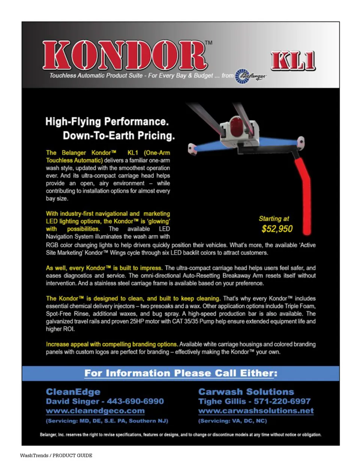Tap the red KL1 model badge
coord(293,61)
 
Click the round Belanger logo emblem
coord(242,77)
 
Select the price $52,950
coord(277,229)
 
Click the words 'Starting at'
coord(274,219)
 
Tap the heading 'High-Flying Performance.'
coord(107,122)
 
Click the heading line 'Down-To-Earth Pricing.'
coord(118,135)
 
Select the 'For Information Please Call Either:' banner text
coord(181,373)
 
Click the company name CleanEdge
coord(73,392)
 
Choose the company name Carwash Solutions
coord(246,392)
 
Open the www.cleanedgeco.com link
coord(95,411)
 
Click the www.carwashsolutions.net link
coord(256,411)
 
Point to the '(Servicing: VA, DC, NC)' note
coord(232,421)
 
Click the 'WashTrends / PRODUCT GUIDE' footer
coord(56,455)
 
